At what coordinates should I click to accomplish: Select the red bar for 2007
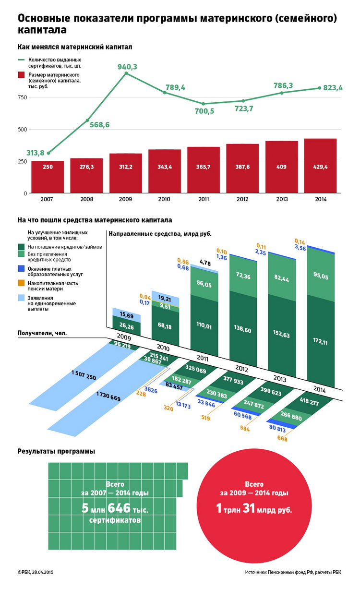(48, 178)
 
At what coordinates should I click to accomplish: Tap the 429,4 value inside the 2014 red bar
(321, 167)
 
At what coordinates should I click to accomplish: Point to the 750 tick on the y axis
(22, 97)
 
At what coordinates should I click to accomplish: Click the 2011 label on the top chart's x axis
(204, 200)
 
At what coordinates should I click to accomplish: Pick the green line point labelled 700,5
(204, 104)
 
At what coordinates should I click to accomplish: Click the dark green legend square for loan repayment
(22, 247)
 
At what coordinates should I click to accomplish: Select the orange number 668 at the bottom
(282, 438)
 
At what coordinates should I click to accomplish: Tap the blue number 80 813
(278, 427)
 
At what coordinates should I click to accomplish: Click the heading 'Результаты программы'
(56, 451)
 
